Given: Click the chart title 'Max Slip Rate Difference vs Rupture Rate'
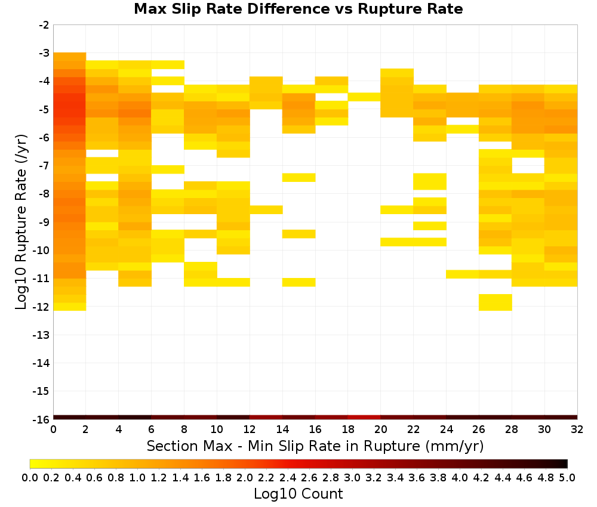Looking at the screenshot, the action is pos(298,9).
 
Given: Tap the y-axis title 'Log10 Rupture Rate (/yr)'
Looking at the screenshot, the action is pos(21,222).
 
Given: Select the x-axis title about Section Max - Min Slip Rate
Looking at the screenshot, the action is pos(315,446).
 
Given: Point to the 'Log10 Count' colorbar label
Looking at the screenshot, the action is pos(298,494).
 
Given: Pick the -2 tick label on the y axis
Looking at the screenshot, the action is pos(44,25).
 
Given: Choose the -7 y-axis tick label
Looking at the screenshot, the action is pos(44,166).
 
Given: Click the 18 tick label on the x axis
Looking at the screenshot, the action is pos(348,429).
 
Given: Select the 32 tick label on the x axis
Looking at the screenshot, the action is pos(577,429).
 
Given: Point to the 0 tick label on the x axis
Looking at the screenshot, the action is pos(53,429).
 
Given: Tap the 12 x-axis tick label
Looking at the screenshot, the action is pos(250,429).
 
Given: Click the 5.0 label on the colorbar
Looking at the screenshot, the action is pos(567,477).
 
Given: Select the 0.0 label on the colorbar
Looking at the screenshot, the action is pos(30,477).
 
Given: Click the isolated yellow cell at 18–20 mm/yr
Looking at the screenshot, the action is pos(364,97).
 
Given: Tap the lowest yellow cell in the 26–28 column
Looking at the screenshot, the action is pos(496,302).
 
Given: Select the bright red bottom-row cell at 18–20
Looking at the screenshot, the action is pos(364,418).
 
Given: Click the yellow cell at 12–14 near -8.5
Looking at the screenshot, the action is pos(266,209).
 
